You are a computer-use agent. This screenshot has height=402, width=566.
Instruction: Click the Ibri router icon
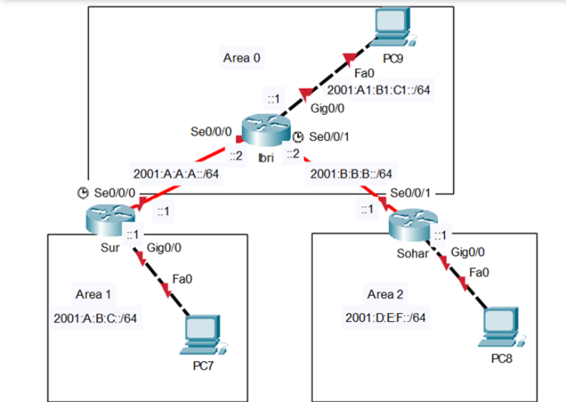(264, 132)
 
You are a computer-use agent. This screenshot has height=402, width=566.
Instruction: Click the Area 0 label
(242, 56)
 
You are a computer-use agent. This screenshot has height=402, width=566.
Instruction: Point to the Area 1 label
(93, 294)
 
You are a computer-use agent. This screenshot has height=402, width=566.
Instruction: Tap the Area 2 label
(385, 294)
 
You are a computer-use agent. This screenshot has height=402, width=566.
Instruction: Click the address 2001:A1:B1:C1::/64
(379, 90)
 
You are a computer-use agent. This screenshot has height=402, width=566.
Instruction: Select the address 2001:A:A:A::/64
(177, 175)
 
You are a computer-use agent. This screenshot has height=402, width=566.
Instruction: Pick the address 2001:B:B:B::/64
(352, 175)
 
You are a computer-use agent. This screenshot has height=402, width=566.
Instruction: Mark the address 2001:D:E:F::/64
(386, 318)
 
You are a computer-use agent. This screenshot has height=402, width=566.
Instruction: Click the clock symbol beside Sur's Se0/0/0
(83, 193)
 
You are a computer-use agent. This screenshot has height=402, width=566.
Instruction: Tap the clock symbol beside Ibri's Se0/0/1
(298, 137)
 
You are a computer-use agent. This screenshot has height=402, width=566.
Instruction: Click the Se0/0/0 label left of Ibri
(211, 132)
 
